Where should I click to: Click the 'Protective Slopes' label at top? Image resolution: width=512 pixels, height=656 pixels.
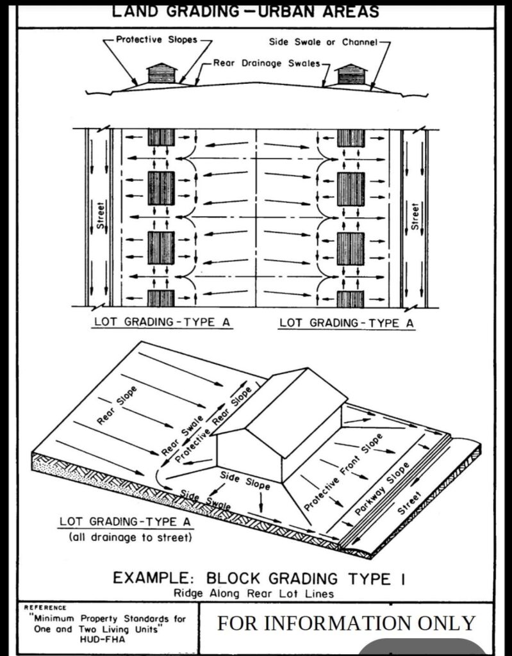(x=156, y=40)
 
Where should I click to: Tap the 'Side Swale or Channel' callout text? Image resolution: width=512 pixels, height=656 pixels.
(x=323, y=42)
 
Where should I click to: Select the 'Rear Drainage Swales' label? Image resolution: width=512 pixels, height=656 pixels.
(x=267, y=63)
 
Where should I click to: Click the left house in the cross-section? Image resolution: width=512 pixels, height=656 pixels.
(x=161, y=73)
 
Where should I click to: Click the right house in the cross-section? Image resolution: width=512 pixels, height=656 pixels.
(x=351, y=74)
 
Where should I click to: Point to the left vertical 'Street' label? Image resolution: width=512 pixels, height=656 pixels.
(x=100, y=215)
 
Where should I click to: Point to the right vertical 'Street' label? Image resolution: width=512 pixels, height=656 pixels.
(x=415, y=216)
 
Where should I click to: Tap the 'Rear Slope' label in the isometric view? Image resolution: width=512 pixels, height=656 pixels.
(x=117, y=406)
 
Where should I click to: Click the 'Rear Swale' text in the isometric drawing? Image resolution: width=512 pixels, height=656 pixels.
(x=183, y=435)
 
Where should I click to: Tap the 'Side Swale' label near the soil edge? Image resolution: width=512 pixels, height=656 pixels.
(x=206, y=500)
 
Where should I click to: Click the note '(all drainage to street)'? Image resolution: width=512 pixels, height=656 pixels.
(x=130, y=537)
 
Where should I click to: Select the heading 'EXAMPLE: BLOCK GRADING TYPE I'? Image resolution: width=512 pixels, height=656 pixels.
(x=258, y=578)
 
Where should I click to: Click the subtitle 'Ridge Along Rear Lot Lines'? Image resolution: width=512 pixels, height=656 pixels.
(x=254, y=594)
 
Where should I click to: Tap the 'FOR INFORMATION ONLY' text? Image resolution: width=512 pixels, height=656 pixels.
(x=346, y=623)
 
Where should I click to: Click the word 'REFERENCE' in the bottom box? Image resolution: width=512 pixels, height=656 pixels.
(x=45, y=607)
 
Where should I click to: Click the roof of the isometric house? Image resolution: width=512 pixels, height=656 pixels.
(x=278, y=412)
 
